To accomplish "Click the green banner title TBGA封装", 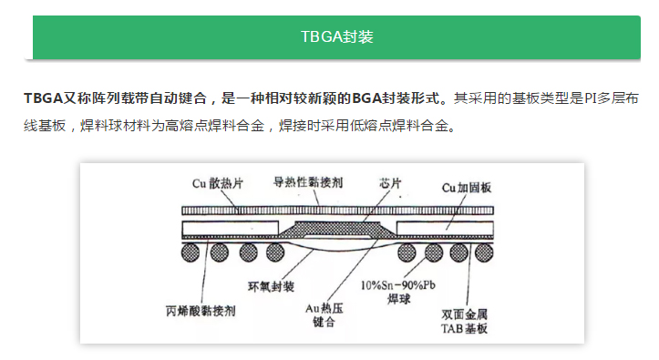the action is pyautogui.click(x=336, y=37).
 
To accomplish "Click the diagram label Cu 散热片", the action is pyautogui.click(x=218, y=183).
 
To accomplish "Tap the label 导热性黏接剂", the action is pyautogui.click(x=308, y=182).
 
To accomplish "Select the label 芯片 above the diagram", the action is pyautogui.click(x=390, y=183).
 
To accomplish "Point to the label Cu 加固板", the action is pyautogui.click(x=467, y=188).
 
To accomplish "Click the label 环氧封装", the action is pyautogui.click(x=271, y=286).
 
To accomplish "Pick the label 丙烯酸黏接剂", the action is pyautogui.click(x=201, y=311).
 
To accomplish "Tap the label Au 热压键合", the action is pyautogui.click(x=324, y=315).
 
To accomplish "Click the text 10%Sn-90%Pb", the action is pyautogui.click(x=398, y=285).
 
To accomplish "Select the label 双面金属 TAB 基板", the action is pyautogui.click(x=465, y=322).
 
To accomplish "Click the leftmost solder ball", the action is pyautogui.click(x=190, y=252).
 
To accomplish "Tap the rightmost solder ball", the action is pyautogui.click(x=484, y=252).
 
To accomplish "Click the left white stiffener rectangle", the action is pyautogui.click(x=231, y=228).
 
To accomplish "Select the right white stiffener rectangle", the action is pyautogui.click(x=445, y=228).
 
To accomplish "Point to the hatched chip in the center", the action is pyautogui.click(x=337, y=228).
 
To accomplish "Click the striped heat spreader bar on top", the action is pyautogui.click(x=337, y=211).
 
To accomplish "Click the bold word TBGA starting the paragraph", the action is pyautogui.click(x=43, y=98).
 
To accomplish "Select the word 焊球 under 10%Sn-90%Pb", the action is pyautogui.click(x=399, y=299).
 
